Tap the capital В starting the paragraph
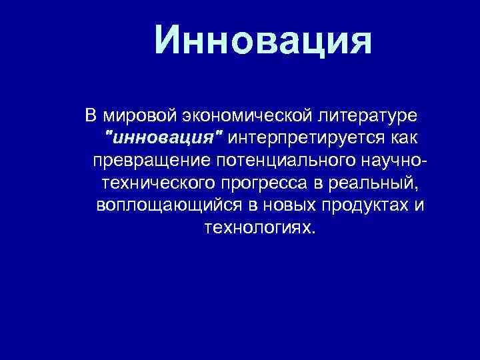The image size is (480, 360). tap(91, 116)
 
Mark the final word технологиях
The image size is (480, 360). tap(258, 227)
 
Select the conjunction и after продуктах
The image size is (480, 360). tap(418, 205)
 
